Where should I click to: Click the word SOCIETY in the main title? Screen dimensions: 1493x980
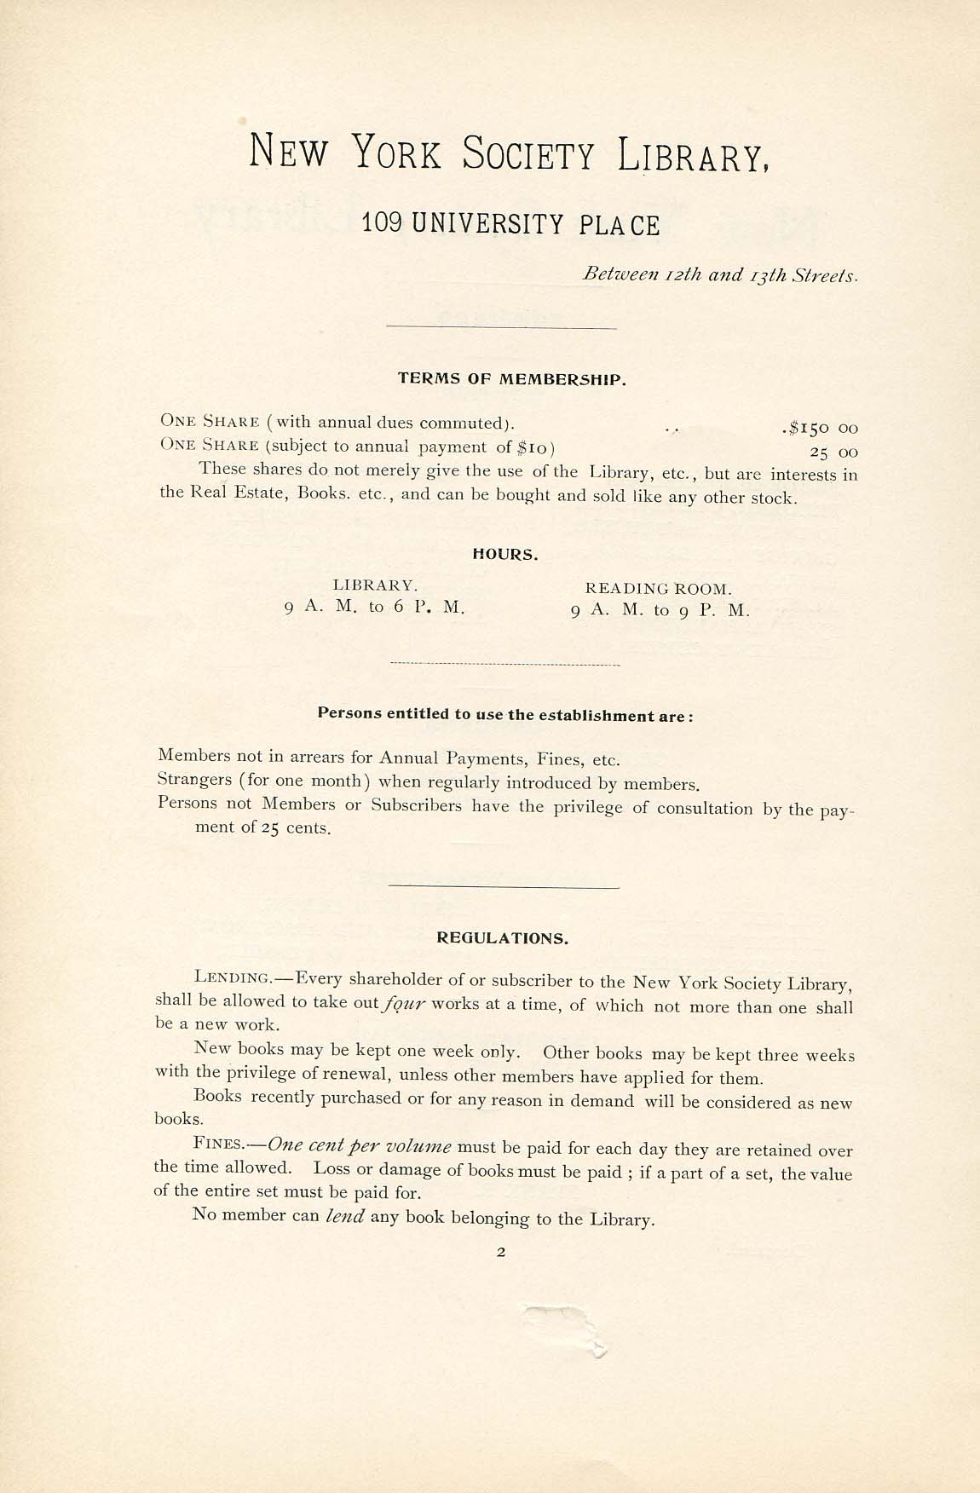tap(528, 154)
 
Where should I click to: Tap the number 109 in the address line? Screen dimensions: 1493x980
tap(383, 223)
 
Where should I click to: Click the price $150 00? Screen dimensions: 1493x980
tap(820, 427)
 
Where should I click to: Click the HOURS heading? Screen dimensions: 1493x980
tap(505, 555)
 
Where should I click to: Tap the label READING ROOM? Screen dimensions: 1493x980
tap(658, 588)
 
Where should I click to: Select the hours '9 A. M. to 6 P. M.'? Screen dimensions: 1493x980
tap(375, 608)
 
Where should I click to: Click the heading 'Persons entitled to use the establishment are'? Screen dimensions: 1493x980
tap(505, 714)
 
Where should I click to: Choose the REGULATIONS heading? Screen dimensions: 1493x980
tap(502, 938)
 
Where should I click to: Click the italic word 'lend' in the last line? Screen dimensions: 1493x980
tap(345, 1216)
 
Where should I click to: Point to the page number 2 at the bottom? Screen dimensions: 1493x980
tap(501, 1253)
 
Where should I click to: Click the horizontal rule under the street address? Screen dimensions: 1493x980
tap(501, 327)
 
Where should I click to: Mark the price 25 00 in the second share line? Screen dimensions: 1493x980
tap(828, 452)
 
